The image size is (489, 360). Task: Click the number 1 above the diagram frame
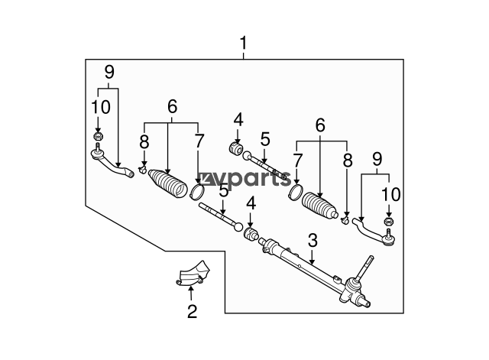243,43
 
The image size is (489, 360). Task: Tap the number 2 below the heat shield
192,311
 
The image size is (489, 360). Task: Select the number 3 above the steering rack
313,241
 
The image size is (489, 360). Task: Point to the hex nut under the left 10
99,136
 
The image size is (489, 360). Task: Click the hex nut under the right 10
388,222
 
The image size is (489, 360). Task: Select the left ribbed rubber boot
167,183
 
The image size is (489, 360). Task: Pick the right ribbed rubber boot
320,206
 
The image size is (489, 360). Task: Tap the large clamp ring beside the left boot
197,192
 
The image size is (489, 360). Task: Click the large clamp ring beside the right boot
296,192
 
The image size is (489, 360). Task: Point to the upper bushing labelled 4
236,148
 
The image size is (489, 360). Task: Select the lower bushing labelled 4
251,235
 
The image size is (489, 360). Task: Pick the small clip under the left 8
143,170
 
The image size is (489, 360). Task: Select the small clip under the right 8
345,221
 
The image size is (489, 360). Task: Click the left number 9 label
109,72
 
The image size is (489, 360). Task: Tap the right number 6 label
320,125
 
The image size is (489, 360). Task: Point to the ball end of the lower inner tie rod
238,227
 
